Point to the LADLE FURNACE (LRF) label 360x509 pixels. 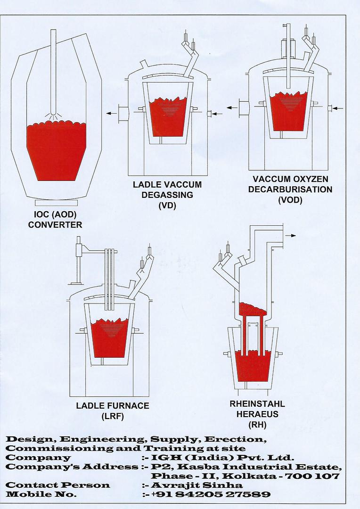113,410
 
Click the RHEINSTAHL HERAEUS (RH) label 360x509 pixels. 257,415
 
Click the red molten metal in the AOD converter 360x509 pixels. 57,151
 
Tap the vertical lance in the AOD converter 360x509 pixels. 53,71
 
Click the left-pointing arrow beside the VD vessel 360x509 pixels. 111,114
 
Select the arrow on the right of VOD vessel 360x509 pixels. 337,109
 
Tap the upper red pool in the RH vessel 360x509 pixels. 252,310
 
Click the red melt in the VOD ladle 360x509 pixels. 288,113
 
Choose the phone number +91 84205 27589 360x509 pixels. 211,494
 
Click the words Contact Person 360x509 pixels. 57,485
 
